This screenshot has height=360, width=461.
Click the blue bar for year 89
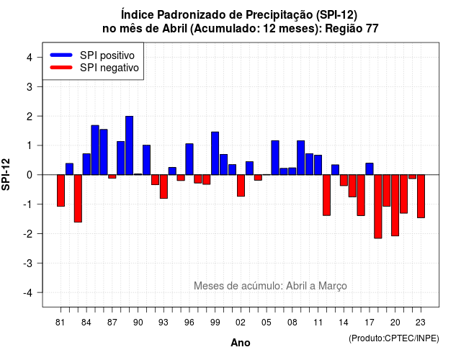130,145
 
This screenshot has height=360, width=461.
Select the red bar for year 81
61,190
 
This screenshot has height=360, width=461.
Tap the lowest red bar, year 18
378,207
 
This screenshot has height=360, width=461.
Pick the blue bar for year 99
215,153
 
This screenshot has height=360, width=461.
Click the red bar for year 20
395,205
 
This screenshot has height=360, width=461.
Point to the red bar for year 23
421,197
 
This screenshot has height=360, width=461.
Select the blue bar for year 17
370,169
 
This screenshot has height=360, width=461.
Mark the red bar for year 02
241,186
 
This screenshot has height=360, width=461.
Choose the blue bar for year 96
189,159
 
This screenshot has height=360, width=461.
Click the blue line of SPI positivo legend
61,55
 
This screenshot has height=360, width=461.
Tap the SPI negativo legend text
109,68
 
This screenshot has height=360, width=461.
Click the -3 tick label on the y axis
28,264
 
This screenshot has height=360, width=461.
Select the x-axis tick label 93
164,323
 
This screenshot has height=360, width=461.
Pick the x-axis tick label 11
318,323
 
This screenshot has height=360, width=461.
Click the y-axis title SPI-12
6,174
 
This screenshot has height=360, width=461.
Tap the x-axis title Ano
241,343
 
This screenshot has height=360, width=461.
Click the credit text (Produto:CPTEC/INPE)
394,338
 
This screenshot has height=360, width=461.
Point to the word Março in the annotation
333,286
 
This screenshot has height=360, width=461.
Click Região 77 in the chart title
352,29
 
